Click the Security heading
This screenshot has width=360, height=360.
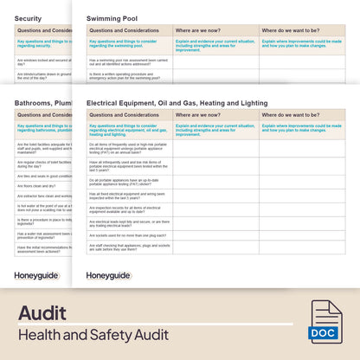pos(28,17)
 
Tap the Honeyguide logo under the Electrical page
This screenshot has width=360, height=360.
pos(108,275)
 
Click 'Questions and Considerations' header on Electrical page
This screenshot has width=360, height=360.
pos(124,114)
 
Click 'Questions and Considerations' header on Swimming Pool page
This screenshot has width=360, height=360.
pos(124,29)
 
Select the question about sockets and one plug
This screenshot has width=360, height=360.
pos(127,235)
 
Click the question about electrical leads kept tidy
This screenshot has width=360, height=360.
pos(129,222)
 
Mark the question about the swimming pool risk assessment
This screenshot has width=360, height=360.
pos(128,61)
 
